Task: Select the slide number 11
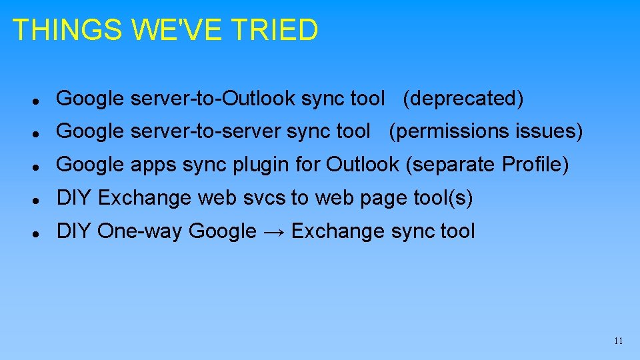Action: pos(618,341)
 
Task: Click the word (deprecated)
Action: pos(463,99)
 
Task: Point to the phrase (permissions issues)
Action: pos(486,131)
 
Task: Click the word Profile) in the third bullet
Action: pos(535,164)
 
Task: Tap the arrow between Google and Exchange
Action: pos(273,231)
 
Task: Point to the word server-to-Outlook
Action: pos(214,99)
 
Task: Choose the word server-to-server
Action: pos(206,131)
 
